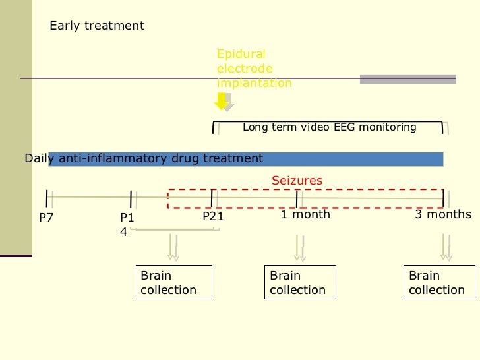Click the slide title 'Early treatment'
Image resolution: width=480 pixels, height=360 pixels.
(x=97, y=26)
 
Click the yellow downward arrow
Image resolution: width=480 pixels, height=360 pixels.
(x=221, y=101)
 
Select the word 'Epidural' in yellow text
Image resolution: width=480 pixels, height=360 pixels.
(x=241, y=54)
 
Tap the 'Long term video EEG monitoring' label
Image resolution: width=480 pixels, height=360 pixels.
(x=330, y=127)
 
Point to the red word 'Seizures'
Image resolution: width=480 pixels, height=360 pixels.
(x=297, y=180)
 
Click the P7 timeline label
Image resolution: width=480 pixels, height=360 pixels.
(x=46, y=218)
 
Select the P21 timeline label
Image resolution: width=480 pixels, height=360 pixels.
(x=213, y=216)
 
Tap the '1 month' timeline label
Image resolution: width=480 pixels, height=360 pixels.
(x=305, y=214)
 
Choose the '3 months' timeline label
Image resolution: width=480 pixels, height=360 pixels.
(x=443, y=214)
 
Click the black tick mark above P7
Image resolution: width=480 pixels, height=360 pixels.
(x=47, y=198)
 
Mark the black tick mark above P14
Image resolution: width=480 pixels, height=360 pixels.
(x=131, y=199)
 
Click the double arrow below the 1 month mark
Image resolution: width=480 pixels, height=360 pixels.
(x=299, y=248)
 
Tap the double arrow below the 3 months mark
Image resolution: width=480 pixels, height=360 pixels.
(x=446, y=248)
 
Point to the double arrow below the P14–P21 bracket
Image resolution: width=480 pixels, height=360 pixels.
(x=173, y=248)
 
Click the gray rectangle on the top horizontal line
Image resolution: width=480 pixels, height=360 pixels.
(x=407, y=79)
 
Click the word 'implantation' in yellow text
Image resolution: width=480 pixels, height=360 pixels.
(x=255, y=83)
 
